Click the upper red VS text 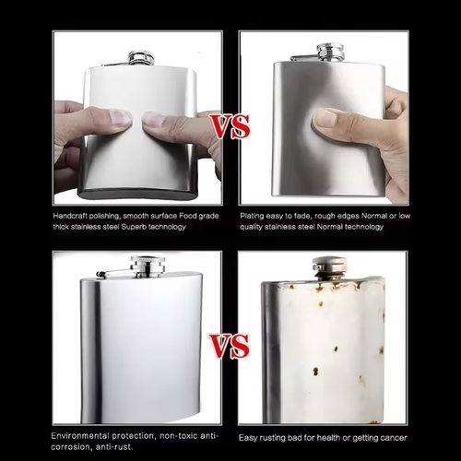click(230, 125)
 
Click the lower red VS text click(230, 346)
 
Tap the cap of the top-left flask click(140, 57)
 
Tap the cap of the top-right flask click(330, 52)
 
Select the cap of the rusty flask click(329, 266)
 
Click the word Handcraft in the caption click(70, 214)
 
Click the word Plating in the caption click(254, 214)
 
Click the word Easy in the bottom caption click(250, 438)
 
